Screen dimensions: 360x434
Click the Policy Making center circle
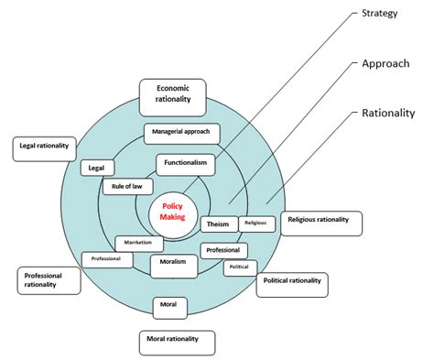[174, 209]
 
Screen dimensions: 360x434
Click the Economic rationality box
[172, 95]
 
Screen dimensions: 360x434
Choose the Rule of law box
[126, 188]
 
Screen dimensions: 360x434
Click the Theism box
[218, 224]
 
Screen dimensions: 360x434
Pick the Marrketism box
[139, 244]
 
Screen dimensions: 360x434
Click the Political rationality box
[291, 283]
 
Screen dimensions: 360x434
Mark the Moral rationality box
[179, 342]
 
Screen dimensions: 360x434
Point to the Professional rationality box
[48, 280]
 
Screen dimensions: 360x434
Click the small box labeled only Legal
[97, 168]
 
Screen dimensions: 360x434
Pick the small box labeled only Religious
[256, 224]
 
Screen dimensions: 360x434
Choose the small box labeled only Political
[239, 268]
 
